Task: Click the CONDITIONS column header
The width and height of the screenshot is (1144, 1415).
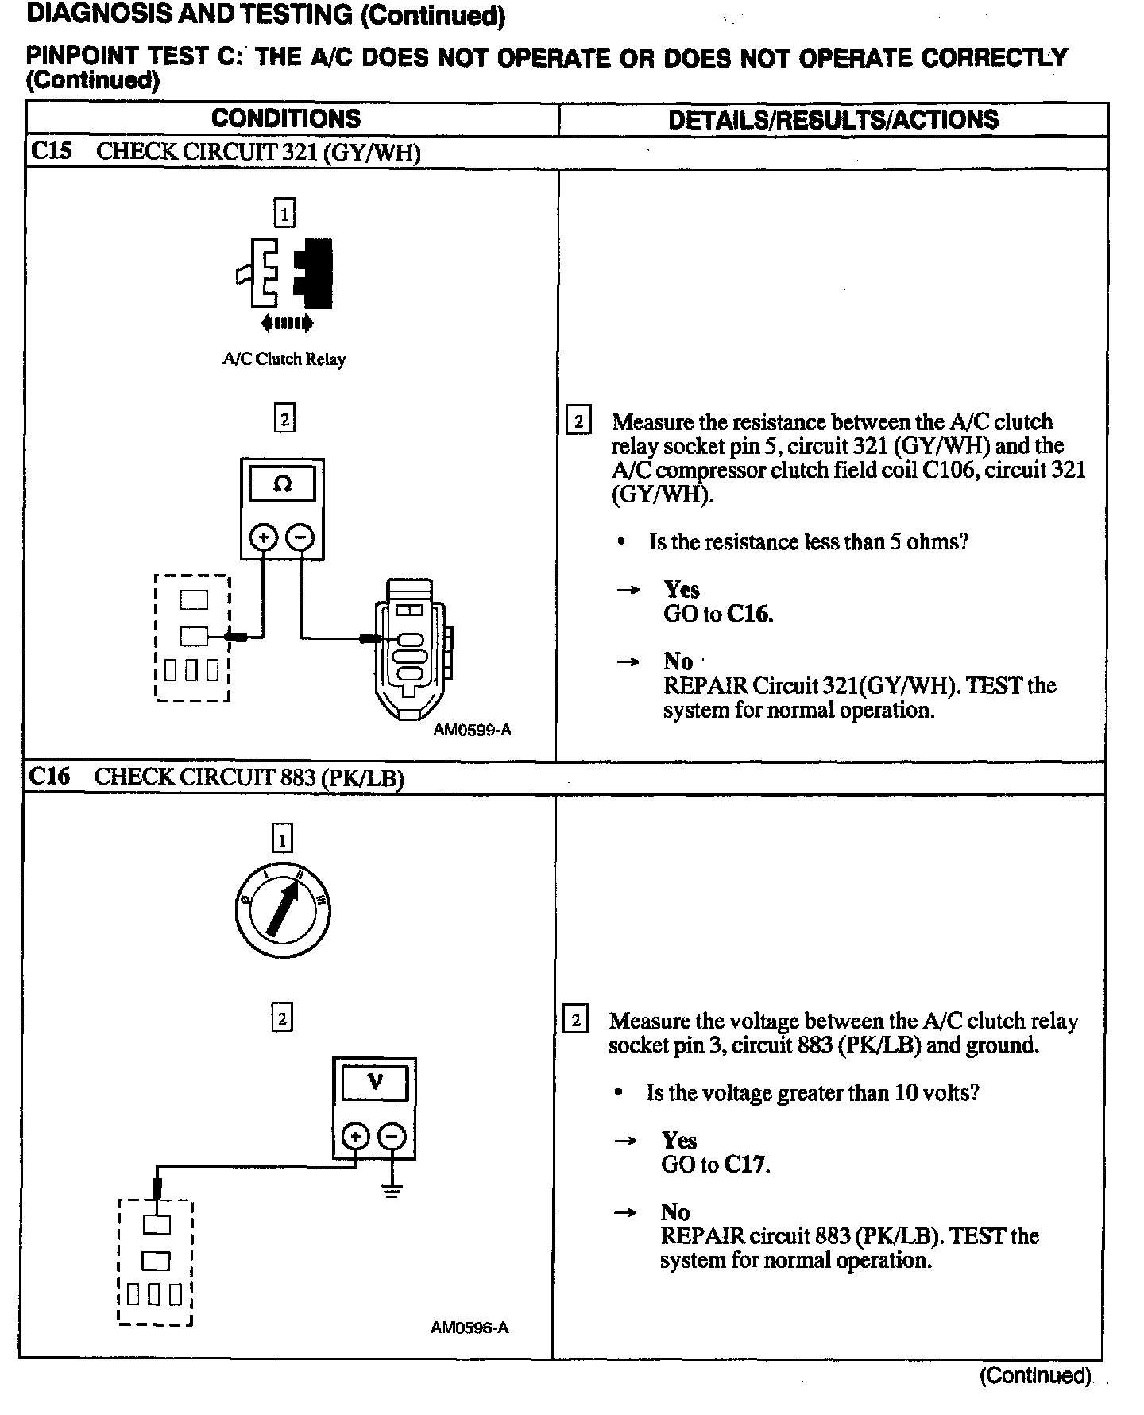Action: tap(286, 119)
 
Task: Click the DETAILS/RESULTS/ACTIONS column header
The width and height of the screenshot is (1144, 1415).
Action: tap(833, 120)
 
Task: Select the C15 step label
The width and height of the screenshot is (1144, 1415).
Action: tap(50, 151)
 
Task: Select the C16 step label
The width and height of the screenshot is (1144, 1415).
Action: tap(49, 776)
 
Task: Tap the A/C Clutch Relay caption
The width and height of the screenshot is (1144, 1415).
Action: tap(284, 359)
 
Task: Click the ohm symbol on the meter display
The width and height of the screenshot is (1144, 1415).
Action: tap(282, 484)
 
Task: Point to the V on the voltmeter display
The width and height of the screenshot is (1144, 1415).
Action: tap(374, 1081)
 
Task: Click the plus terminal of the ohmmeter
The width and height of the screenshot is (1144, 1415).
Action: tap(263, 537)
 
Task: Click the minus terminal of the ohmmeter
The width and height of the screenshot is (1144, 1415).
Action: tap(300, 537)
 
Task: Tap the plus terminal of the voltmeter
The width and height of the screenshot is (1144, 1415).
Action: tap(355, 1137)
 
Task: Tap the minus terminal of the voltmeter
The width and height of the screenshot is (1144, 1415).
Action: tap(392, 1137)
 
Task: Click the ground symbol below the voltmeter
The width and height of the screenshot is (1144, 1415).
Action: tap(392, 1190)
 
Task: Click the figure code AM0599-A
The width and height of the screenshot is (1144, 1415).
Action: tap(472, 730)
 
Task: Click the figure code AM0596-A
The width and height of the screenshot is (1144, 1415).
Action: tap(470, 1328)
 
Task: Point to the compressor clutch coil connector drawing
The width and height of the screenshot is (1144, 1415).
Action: tap(412, 648)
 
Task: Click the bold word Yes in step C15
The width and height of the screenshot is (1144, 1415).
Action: tap(682, 589)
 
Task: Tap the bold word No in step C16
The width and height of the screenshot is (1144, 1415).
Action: tap(675, 1211)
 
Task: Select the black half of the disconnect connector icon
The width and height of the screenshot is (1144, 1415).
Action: tap(315, 273)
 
